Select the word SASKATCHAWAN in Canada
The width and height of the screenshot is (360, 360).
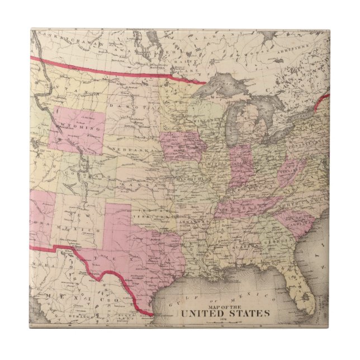[67, 42]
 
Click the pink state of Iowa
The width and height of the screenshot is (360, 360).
[182, 146]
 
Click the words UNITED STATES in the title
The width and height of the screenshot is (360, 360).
[231, 313]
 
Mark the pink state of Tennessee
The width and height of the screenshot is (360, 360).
[246, 207]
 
